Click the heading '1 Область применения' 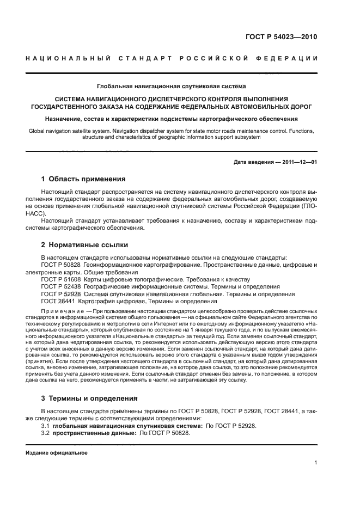coord(83,179)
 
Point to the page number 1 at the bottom coord(316,463)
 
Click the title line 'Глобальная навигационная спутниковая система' coord(172,86)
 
